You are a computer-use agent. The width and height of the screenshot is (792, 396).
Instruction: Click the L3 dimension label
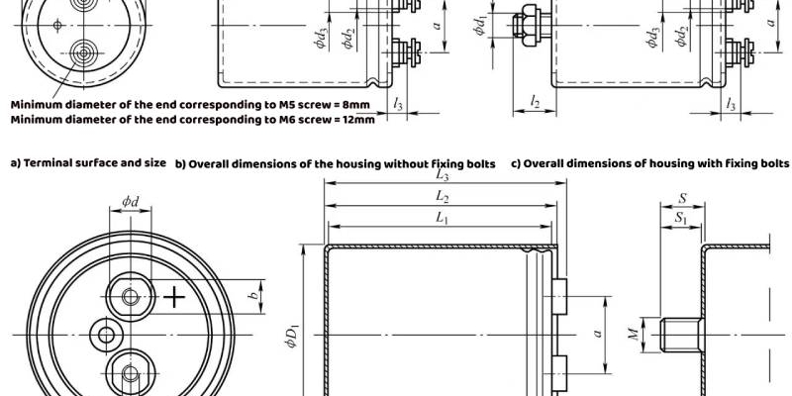[443, 175]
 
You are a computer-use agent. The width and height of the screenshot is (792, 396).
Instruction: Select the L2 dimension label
[443, 197]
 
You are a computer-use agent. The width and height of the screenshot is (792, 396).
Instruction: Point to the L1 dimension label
[443, 218]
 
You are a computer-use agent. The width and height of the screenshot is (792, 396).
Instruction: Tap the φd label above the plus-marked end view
[131, 202]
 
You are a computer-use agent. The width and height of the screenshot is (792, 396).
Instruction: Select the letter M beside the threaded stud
[636, 334]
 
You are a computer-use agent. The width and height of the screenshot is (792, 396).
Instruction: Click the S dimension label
[682, 199]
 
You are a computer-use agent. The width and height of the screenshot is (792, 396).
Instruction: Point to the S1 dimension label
[681, 218]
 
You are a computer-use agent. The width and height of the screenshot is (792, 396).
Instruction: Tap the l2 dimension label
[535, 102]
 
